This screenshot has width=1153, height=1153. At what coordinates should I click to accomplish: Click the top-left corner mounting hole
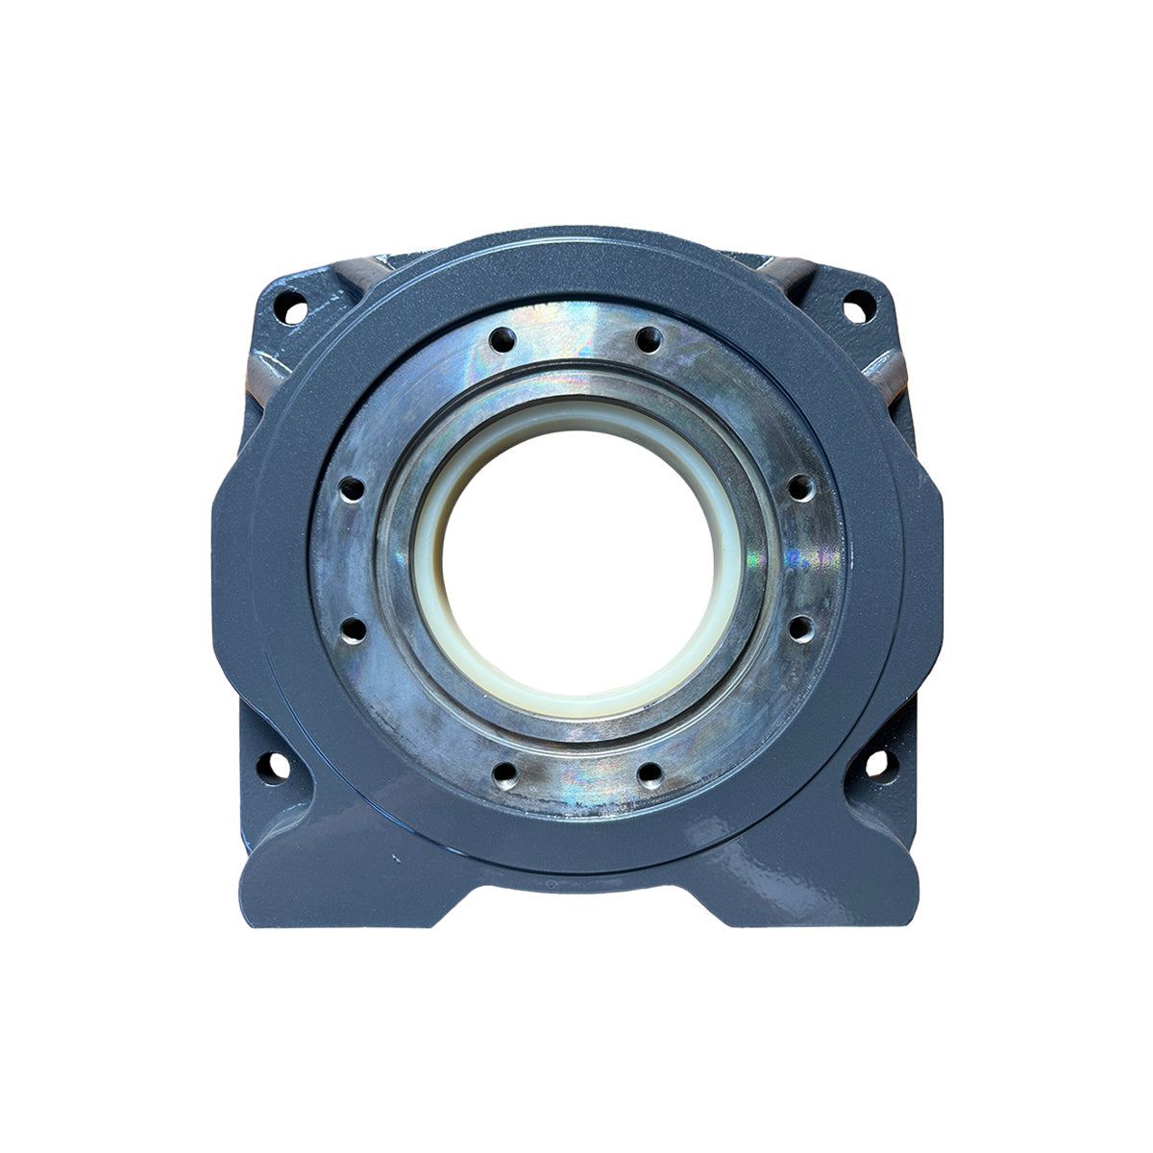pos(287,311)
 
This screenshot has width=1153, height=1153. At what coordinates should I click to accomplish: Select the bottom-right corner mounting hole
pos(877,765)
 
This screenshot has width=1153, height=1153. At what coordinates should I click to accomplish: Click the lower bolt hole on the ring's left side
pos(353,629)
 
